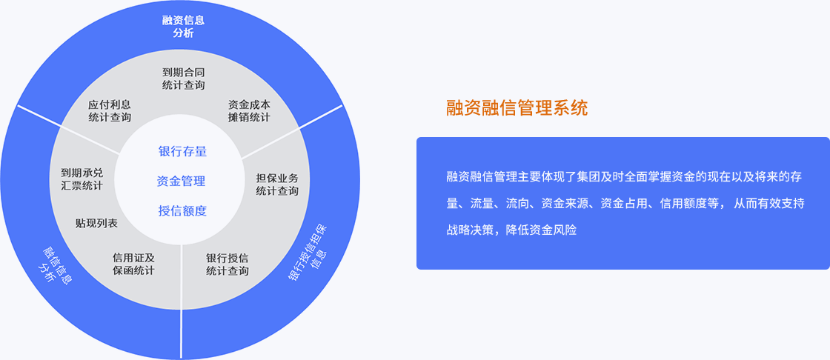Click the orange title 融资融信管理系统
pos(517,109)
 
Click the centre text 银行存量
pos(182,151)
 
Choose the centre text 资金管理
pos(181,181)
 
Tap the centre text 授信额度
pos(182,210)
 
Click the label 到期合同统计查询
pos(183,79)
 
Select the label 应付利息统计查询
pos(110,111)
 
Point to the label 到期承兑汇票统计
pos(82,179)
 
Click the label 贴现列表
pos(96,224)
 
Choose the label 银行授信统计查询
pos(227,264)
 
